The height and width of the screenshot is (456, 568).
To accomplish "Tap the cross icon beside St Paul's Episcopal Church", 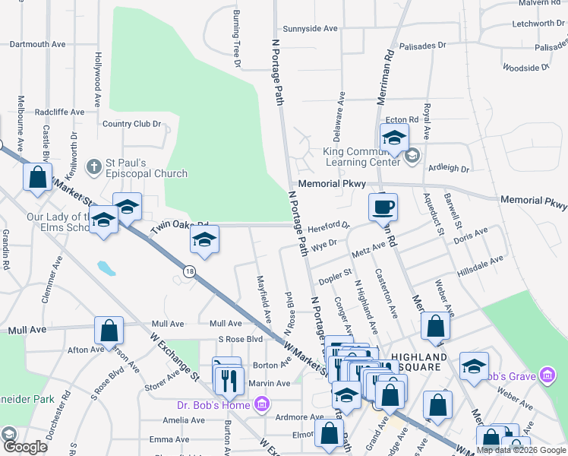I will click(94, 166).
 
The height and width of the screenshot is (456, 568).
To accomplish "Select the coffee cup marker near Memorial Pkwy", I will click(383, 207).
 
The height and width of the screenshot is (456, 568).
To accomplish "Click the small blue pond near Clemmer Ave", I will click(106, 268).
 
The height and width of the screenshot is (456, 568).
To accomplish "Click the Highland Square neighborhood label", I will click(418, 362).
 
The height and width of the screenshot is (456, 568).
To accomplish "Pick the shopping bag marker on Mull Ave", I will click(109, 331).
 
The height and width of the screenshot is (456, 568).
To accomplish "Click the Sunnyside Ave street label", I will click(310, 28).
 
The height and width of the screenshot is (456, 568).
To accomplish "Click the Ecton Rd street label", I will click(402, 120).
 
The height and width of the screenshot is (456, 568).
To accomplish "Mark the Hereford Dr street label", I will click(333, 226).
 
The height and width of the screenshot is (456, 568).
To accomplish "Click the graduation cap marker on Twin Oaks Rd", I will click(203, 241).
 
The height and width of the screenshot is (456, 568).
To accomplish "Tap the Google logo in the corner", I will click(24, 447).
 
